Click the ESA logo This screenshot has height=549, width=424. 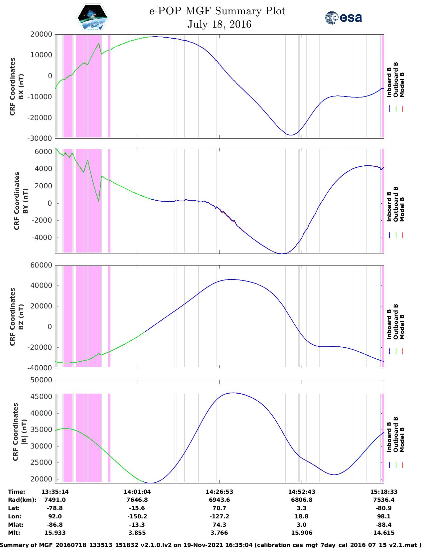[x=343, y=18]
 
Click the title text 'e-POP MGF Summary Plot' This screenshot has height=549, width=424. [x=217, y=11]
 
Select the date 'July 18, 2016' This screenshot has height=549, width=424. [x=219, y=24]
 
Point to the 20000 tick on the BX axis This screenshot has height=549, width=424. [x=41, y=34]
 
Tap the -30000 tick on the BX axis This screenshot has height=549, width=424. [x=40, y=138]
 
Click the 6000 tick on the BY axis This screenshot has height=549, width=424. [x=43, y=152]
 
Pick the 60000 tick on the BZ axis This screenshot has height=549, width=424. [x=41, y=265]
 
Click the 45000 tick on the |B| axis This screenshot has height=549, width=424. [x=41, y=397]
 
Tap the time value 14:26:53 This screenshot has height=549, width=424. [x=219, y=492]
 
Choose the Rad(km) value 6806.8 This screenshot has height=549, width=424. [x=302, y=500]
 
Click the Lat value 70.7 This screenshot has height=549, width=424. [x=219, y=508]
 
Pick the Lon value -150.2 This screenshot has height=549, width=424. [x=137, y=516]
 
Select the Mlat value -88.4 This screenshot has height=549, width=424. [x=384, y=525]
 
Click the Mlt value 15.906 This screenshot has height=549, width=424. [x=302, y=533]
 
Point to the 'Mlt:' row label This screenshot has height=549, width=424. [x=14, y=533]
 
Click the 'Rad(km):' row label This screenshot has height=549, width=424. [x=22, y=500]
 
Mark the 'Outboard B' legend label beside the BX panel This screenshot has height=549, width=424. [x=395, y=80]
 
